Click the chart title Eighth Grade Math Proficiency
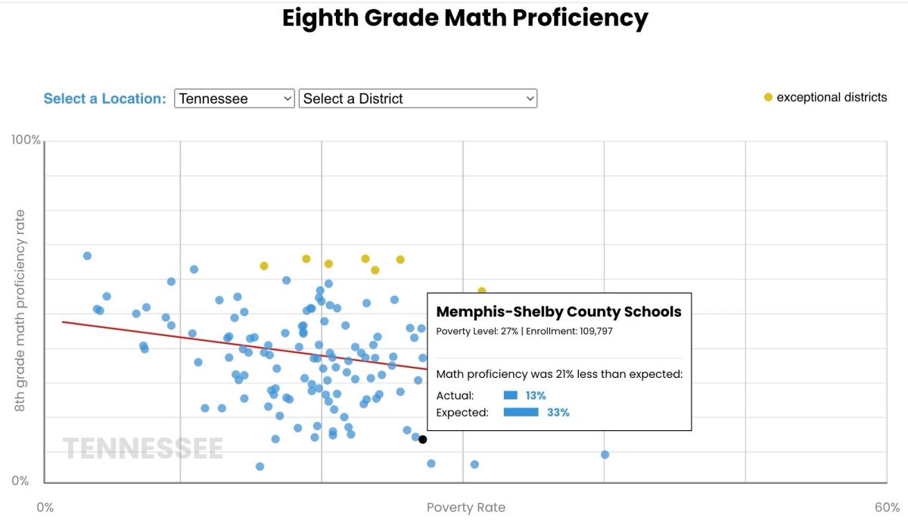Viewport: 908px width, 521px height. (465, 18)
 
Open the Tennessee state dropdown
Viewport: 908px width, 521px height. (235, 98)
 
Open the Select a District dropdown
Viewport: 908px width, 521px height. (418, 98)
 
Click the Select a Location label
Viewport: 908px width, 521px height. (104, 98)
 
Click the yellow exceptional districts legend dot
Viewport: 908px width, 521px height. (768, 98)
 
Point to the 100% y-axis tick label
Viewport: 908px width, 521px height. (26, 140)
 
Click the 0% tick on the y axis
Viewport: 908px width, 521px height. (20, 481)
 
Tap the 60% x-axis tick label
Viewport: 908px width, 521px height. (887, 507)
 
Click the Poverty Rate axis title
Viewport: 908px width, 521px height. (466, 507)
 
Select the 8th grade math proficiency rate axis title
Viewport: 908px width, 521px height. (20, 310)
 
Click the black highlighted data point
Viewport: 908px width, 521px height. (423, 439)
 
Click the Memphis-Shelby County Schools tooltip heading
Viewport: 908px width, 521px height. (558, 312)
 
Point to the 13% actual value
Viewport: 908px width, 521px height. (536, 395)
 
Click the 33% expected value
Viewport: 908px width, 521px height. (558, 412)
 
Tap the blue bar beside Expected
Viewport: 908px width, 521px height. (521, 412)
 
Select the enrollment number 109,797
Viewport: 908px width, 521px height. (596, 331)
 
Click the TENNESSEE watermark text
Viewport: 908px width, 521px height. (143, 448)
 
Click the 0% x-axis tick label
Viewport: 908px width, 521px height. (45, 507)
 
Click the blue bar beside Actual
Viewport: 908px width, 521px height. (510, 395)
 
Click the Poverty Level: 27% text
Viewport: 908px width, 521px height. (477, 331)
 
